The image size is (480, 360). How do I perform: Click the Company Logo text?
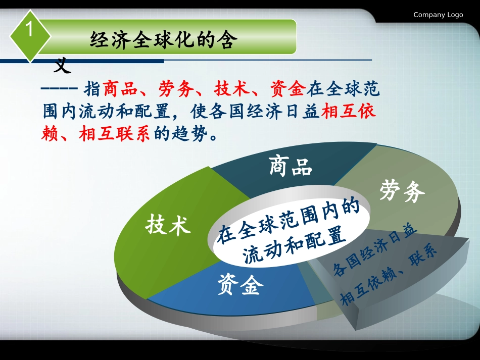click(x=438, y=15)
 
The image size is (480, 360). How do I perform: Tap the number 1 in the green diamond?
click(x=29, y=31)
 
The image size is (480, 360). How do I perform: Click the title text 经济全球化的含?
click(x=163, y=40)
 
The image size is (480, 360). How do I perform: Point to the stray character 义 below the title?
click(x=63, y=65)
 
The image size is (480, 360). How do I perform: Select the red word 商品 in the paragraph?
click(x=120, y=90)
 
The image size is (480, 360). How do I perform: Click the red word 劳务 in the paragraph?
click(x=176, y=90)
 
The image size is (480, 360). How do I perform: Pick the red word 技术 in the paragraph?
click(x=231, y=90)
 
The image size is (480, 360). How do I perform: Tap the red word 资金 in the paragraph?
click(x=287, y=90)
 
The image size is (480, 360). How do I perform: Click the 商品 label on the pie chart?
click(x=291, y=167)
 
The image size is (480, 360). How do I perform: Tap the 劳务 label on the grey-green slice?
click(x=402, y=191)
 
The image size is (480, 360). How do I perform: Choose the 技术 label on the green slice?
click(x=168, y=225)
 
